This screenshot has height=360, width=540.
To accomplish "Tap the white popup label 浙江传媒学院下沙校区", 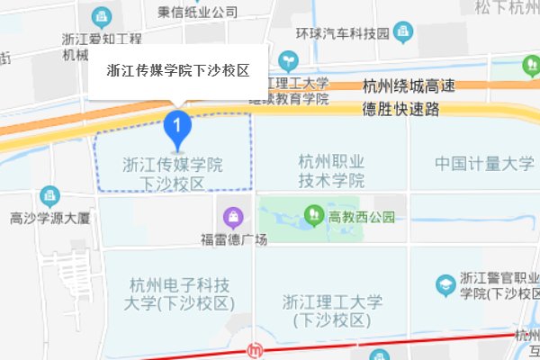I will coord(177,69).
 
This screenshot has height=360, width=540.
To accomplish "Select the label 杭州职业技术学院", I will coord(331,171).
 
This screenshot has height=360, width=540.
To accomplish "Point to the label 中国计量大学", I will coord(484,164).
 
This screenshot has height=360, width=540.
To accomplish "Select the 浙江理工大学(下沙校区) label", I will coord(332,310).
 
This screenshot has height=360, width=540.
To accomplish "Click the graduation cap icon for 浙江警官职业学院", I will coord(445,284).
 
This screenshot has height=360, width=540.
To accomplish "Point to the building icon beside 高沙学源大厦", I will coord(49,195).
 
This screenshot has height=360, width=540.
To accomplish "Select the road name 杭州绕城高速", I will coord(409,88).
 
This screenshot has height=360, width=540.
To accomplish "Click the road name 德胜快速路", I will coord(400,108).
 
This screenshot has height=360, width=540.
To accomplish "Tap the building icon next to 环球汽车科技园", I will coord(401,33).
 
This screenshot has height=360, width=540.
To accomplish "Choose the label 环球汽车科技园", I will coord(342,34).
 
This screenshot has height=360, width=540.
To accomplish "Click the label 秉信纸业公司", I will coord(197,12).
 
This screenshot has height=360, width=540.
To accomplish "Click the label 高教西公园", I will coord(362,216).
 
